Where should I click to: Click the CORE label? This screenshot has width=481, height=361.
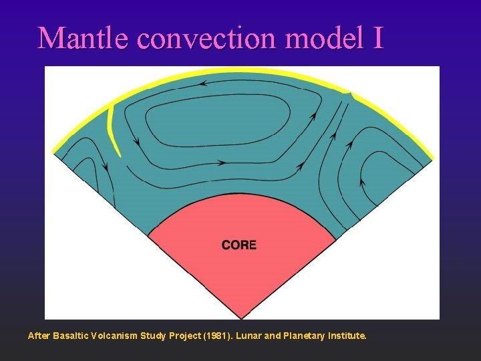tap(239, 245)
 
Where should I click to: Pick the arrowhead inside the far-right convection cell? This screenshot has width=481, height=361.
tap(361, 181)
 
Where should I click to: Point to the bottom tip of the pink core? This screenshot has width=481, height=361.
tap(242, 316)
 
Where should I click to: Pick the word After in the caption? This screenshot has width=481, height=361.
tap(39, 336)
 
